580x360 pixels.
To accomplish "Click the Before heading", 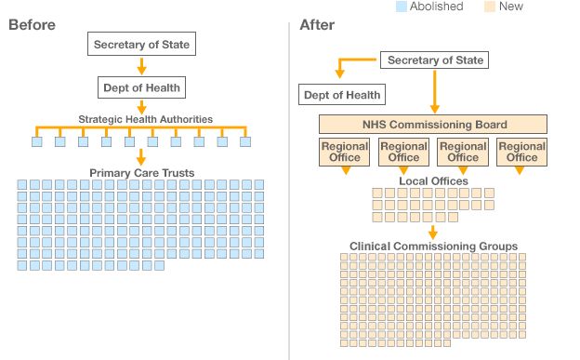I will point(32,25).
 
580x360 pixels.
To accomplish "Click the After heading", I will point(317,25).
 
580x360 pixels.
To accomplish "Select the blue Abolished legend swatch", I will point(401,7).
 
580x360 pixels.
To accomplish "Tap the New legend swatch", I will point(490,7).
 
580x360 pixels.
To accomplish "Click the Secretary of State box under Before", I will point(141,44).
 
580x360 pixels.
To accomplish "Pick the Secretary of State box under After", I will point(435,60).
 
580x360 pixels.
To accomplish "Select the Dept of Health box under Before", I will point(141,87).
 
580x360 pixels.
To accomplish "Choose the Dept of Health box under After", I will point(343,95).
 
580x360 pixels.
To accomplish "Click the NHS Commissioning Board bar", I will point(433,125).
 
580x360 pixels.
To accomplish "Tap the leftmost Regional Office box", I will point(345,152).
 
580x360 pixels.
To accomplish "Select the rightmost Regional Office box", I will point(521,152).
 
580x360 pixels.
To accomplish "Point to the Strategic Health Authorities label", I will point(145,119).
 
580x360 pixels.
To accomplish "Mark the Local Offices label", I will point(433,180).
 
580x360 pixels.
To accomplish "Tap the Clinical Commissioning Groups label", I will point(433,246).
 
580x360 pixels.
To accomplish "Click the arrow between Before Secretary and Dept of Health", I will point(141,66).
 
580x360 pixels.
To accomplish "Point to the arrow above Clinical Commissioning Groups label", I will point(433,232).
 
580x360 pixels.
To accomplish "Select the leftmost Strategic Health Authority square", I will point(37,142).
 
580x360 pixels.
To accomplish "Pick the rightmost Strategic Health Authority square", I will point(245,142).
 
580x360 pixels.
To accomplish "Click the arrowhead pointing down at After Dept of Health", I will point(340,78).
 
